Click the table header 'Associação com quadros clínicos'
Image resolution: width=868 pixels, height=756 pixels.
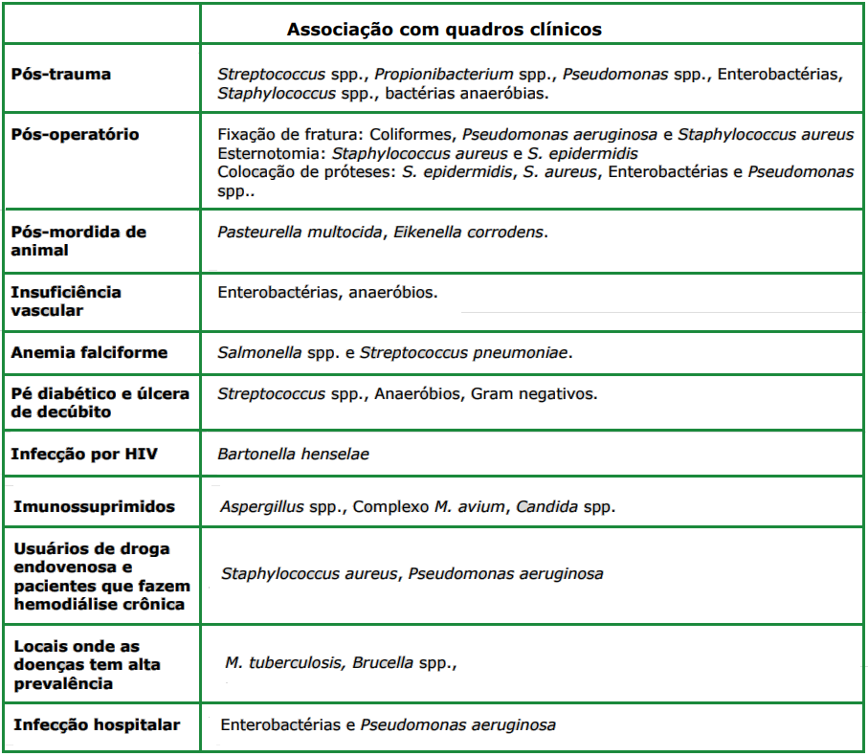coord(444,30)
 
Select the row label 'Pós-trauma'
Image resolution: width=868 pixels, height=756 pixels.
coord(60,74)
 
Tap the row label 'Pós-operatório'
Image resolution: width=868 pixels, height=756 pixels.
coord(75,134)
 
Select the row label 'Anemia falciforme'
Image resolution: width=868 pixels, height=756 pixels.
coord(89,352)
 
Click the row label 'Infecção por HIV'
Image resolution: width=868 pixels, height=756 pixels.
coord(84,454)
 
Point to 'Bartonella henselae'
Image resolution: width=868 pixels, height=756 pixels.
coord(293,455)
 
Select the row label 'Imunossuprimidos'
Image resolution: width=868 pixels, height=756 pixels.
coord(94,505)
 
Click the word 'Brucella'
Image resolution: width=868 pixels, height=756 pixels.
coord(383,662)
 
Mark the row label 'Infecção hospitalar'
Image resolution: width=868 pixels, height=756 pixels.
coord(97,724)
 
